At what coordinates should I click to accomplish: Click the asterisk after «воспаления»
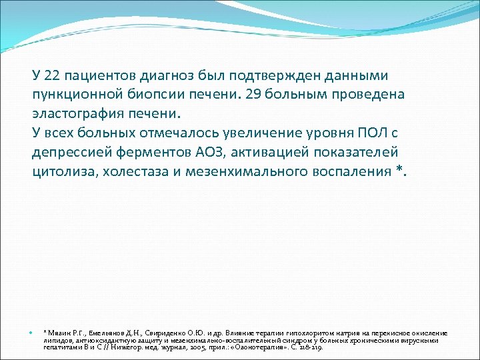click(x=399, y=169)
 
